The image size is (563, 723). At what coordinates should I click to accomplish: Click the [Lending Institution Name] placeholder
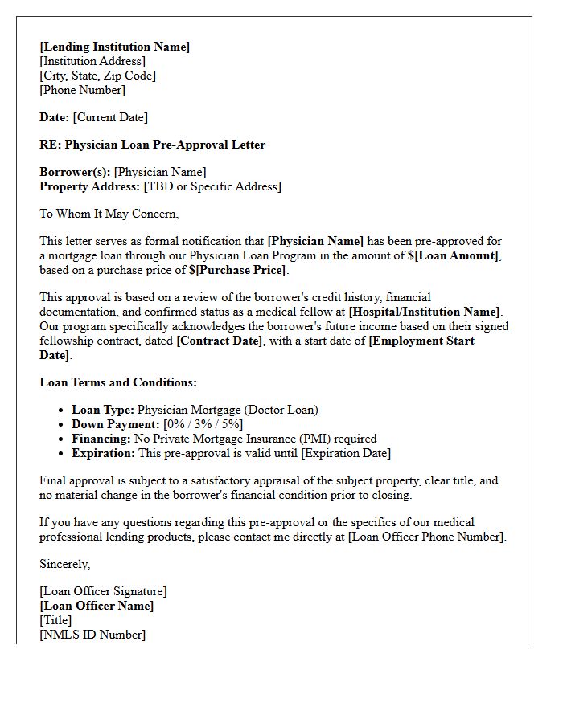[x=115, y=47]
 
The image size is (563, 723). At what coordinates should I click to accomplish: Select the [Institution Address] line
[x=92, y=61]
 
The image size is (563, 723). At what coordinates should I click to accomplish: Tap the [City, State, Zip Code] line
[x=97, y=76]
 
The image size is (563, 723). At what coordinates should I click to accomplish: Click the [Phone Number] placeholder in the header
[x=82, y=90]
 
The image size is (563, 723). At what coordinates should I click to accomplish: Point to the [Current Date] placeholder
[x=110, y=117]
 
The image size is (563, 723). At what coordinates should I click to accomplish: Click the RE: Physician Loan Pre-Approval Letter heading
[x=152, y=145]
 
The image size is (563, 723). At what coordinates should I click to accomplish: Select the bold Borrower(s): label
[x=75, y=172]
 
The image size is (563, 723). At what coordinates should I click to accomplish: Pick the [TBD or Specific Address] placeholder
[x=212, y=186]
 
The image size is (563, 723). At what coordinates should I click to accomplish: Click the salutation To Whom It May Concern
[x=109, y=214]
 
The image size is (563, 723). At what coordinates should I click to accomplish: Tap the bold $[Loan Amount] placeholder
[x=453, y=255]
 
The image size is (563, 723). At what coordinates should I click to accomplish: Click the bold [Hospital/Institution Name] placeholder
[x=424, y=312]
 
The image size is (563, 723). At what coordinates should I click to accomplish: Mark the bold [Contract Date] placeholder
[x=220, y=341]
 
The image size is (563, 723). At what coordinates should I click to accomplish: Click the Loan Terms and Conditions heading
[x=118, y=382]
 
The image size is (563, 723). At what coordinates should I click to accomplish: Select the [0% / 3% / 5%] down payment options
[x=203, y=424]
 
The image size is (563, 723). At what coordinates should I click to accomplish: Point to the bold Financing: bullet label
[x=101, y=439]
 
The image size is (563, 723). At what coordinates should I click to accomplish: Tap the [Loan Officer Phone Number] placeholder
[x=426, y=537]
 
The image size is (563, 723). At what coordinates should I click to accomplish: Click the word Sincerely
[x=64, y=564]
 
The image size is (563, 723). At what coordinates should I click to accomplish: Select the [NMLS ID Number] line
[x=92, y=635]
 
